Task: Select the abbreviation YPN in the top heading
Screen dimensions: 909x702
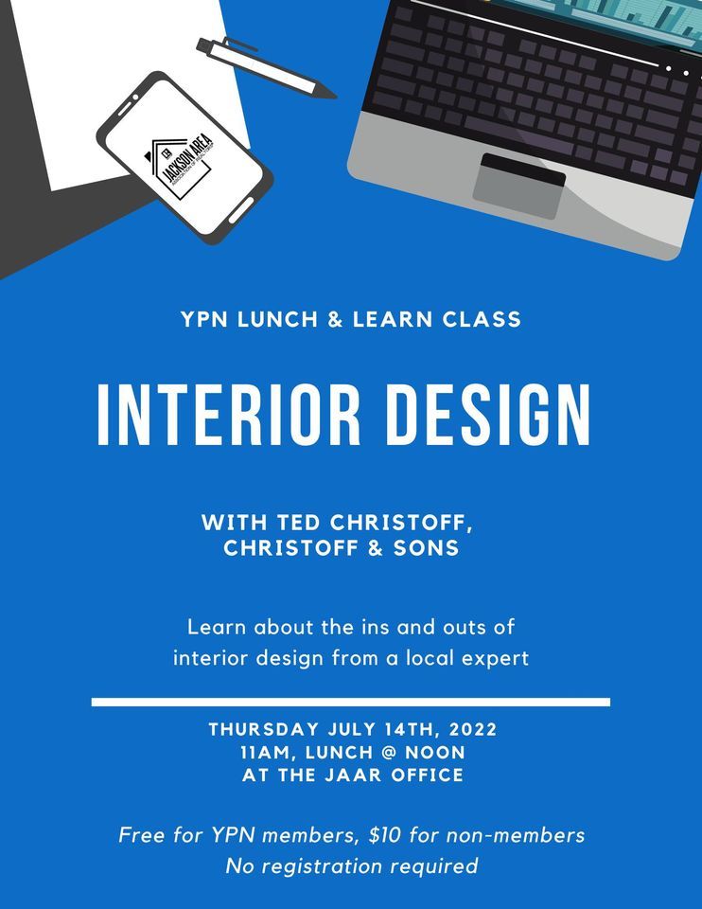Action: click(204, 320)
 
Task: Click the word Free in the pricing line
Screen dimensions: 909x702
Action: click(141, 835)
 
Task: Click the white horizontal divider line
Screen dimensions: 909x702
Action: click(351, 702)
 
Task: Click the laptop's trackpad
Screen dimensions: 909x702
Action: click(518, 186)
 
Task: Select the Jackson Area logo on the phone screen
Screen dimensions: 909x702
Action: click(184, 163)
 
